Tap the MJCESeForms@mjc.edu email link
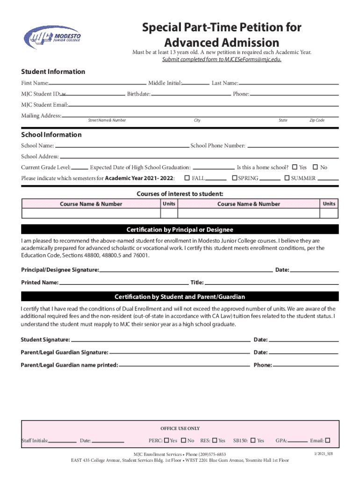point(222,59)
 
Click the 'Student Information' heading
point(53,72)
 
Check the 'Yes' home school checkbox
point(295,167)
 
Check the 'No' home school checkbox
point(315,167)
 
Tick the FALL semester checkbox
point(187,178)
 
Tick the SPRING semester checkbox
point(235,178)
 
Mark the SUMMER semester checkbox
point(288,178)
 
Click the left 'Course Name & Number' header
point(91,204)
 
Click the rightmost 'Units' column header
point(329,203)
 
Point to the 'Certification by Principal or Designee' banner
point(180,230)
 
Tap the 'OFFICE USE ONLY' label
point(180,428)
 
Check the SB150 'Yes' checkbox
point(253,440)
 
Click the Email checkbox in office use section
point(327,440)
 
